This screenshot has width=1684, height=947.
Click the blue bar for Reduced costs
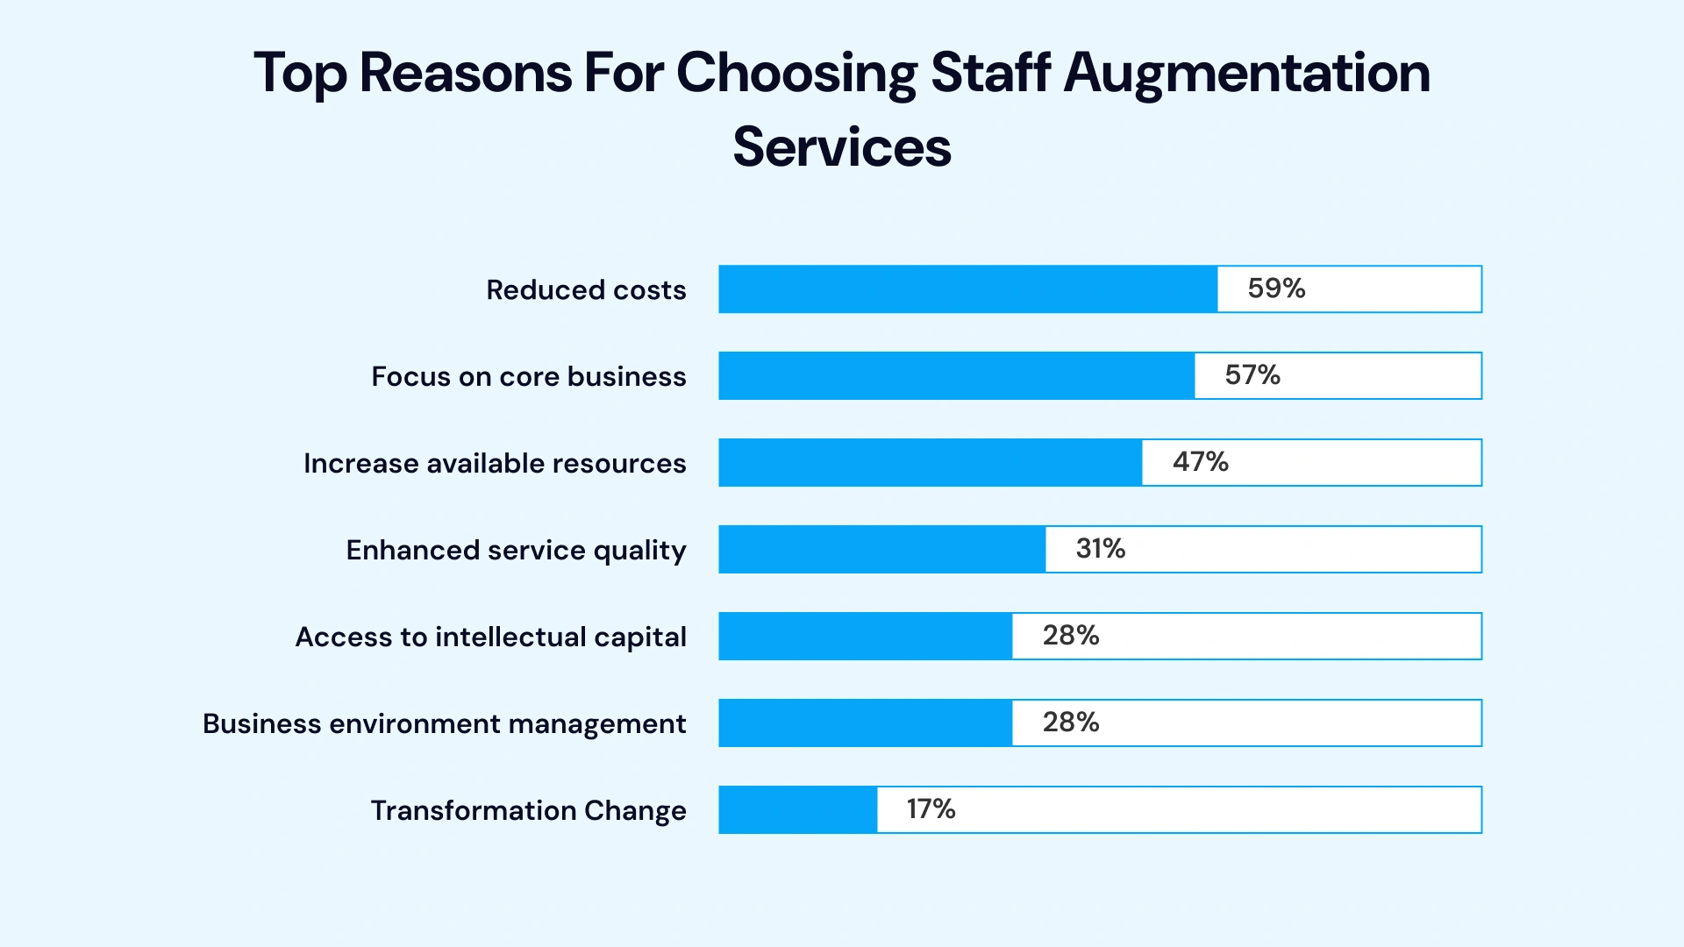[967, 289]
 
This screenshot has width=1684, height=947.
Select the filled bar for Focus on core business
[956, 376]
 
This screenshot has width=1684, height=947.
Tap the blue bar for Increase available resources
[930, 463]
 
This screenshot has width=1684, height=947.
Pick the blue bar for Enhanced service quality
[881, 550]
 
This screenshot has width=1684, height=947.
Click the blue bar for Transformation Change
[797, 810]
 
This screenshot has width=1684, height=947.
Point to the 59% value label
[1276, 288]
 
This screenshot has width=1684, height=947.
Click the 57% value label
[1252, 375]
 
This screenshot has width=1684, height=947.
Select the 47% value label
[1201, 462]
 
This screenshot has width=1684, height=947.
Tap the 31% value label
[1101, 549]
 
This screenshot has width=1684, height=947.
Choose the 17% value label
[931, 809]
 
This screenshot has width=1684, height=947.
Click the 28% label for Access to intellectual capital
[1071, 636]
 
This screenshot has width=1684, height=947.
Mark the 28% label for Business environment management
[1071, 723]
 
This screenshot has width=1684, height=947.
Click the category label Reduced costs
[586, 290]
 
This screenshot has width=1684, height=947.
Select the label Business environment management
[444, 724]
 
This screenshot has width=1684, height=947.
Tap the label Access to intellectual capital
[490, 637]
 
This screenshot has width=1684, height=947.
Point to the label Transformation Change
[528, 811]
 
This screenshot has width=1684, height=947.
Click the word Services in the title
[842, 146]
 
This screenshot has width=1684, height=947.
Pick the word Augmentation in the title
[1246, 74]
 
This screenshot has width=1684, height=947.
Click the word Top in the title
[300, 74]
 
